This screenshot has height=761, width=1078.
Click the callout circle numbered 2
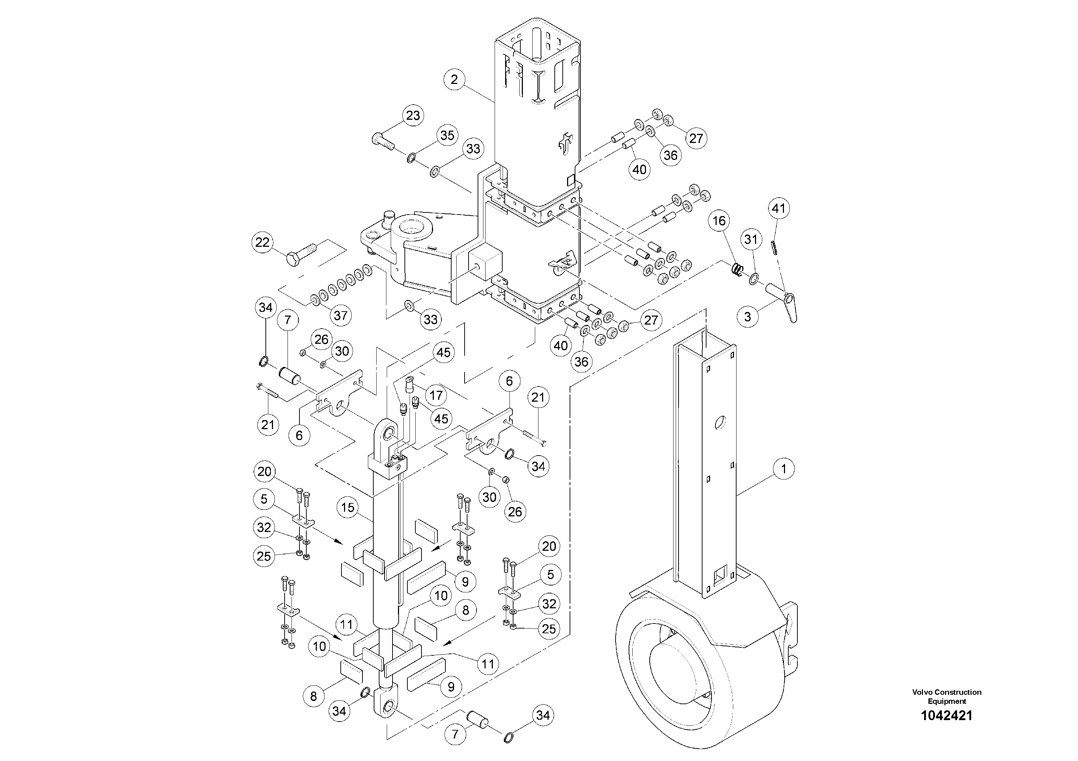pos(454,79)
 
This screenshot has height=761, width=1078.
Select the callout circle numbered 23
pos(413,115)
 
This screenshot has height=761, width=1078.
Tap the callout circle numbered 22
pos(262,242)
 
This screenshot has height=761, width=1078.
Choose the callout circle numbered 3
pos(747,316)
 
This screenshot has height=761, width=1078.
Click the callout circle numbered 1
pos(783,469)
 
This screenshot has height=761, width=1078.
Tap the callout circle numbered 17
pos(436,395)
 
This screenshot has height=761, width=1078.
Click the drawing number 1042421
pos(947,715)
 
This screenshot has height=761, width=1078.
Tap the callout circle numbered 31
pos(751,239)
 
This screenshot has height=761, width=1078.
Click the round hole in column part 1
pos(719,423)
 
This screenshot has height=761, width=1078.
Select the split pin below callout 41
pos(774,246)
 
